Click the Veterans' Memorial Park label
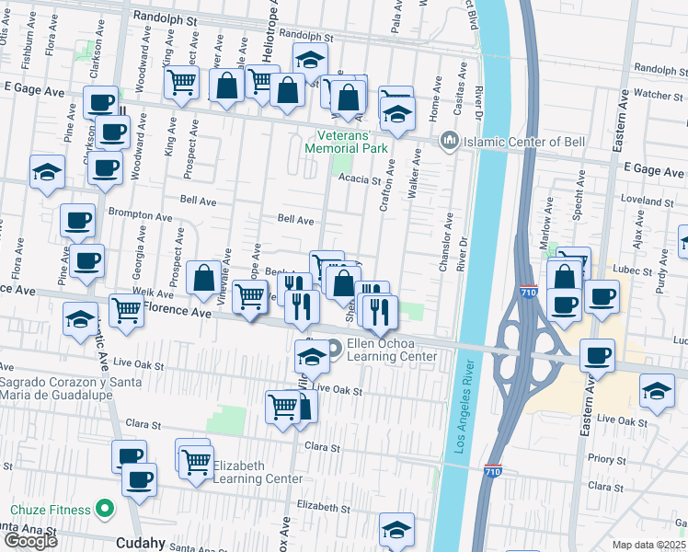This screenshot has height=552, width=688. (347, 141)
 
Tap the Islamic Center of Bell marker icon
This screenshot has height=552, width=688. (449, 141)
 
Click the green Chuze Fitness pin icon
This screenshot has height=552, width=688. (106, 509)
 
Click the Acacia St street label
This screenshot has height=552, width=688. (359, 179)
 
